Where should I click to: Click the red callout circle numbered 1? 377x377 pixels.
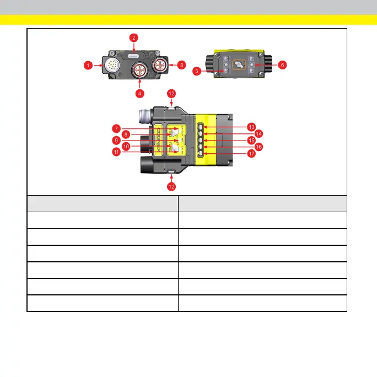point(88,65)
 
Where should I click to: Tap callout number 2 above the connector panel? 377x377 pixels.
point(133,37)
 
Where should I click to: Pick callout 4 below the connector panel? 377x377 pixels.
point(139,93)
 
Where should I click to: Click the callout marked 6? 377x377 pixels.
point(282,64)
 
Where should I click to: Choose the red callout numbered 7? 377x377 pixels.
point(116,128)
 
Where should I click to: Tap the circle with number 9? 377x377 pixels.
point(116,140)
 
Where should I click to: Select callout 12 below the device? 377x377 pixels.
point(172,187)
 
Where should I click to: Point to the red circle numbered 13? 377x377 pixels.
point(251,126)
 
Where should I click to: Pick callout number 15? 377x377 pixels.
point(251,141)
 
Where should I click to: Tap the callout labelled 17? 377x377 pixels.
point(251,155)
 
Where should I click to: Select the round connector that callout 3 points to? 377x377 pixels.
point(162,65)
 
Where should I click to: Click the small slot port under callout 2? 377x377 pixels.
point(134,56)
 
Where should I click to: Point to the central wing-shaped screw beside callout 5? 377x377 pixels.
point(238,65)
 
